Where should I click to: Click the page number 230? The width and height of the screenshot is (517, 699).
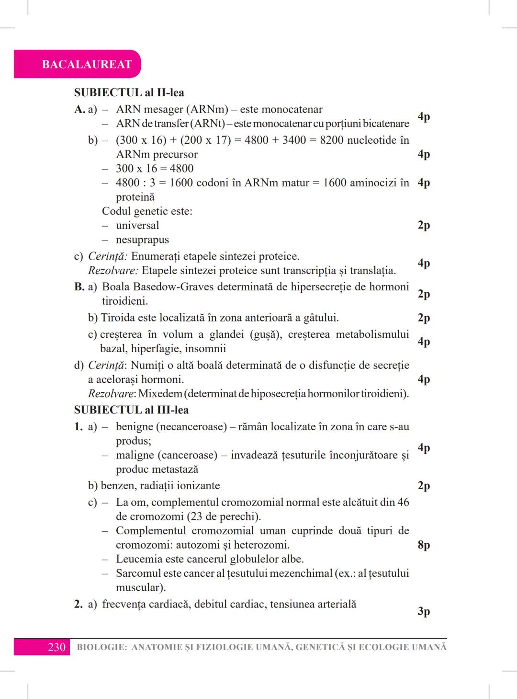[x=56, y=647]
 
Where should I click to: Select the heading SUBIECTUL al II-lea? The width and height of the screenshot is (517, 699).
[x=129, y=92]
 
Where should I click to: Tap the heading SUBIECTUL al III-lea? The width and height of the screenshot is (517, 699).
[x=131, y=410]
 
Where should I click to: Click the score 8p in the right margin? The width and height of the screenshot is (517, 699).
[x=424, y=545]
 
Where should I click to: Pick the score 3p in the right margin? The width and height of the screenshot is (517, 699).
[x=424, y=611]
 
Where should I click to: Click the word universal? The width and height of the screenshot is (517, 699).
[x=137, y=225]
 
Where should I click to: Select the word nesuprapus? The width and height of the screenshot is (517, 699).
[x=142, y=240]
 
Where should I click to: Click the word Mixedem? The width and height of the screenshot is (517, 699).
[x=160, y=394]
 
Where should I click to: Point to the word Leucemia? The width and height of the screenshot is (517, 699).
[x=139, y=559]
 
